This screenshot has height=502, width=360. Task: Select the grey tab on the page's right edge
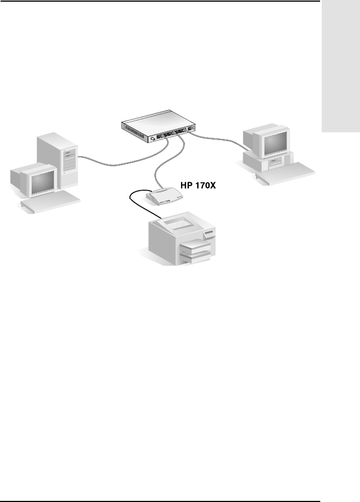tap(341, 72)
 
